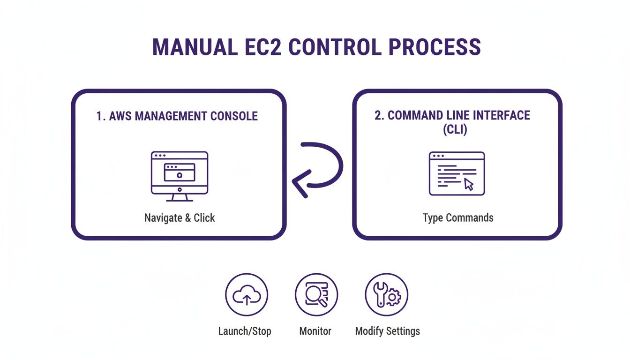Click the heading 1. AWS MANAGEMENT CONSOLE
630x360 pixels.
177,116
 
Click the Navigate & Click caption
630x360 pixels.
180,218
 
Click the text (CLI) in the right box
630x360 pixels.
455,130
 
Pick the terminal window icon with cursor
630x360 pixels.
457,173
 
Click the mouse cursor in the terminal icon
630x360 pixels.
469,184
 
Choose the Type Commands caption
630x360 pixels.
458,218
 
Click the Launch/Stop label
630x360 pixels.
245,331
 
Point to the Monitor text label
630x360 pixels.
315,331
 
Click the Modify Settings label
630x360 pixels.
387,331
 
